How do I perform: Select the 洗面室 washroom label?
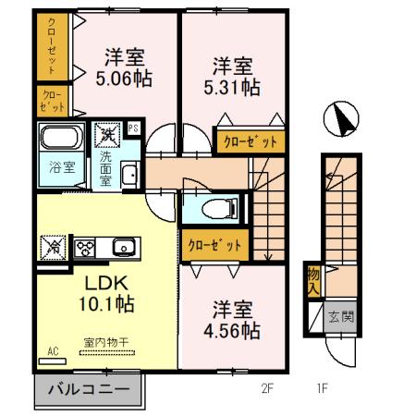coord(105,169)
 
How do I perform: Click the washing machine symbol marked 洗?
coord(107,136)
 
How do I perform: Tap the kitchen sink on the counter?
coord(123,246)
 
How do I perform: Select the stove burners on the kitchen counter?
coord(85,247)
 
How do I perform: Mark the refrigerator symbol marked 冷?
coord(53,247)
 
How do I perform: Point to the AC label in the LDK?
coord(54,351)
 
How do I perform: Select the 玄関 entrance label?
coord(340,317)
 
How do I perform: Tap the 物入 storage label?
coord(314,282)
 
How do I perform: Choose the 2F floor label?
coord(268,388)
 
